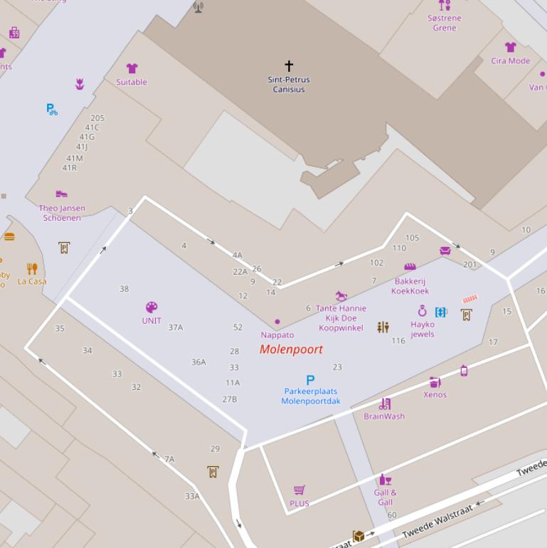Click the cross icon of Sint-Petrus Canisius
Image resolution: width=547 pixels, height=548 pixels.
click(x=289, y=65)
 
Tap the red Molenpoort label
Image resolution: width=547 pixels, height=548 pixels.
click(x=291, y=349)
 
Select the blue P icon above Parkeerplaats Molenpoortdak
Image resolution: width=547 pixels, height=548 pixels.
click(x=310, y=380)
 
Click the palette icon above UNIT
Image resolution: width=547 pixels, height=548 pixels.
click(x=152, y=307)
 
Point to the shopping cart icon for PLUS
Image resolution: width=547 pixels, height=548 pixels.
click(x=299, y=490)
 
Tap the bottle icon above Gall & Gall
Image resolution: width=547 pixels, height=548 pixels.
click(x=385, y=480)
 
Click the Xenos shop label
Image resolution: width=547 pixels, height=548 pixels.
click(x=435, y=395)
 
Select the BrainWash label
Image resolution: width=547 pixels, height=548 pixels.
click(x=384, y=416)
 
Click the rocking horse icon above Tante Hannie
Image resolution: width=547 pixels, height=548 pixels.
click(x=341, y=295)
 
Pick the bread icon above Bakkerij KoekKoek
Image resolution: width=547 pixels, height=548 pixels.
click(x=410, y=267)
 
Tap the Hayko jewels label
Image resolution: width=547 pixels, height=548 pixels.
click(x=423, y=330)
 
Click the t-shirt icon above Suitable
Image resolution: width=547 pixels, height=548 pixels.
click(x=132, y=68)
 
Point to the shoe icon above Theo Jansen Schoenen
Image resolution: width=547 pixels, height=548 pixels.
click(x=62, y=194)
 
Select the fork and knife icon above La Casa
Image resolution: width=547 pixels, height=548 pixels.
click(x=32, y=268)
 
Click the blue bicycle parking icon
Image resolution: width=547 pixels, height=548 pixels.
click(x=51, y=109)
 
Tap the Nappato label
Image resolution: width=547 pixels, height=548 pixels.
click(x=277, y=335)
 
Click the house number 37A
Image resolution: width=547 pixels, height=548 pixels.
click(x=176, y=327)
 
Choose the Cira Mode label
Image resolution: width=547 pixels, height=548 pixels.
click(x=510, y=61)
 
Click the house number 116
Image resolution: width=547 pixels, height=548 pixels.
click(x=398, y=341)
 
